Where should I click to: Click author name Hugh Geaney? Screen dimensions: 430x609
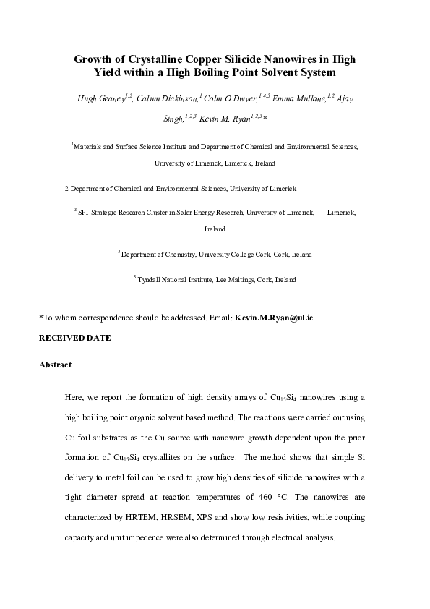[100, 98]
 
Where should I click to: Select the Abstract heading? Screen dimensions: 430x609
[55, 365]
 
